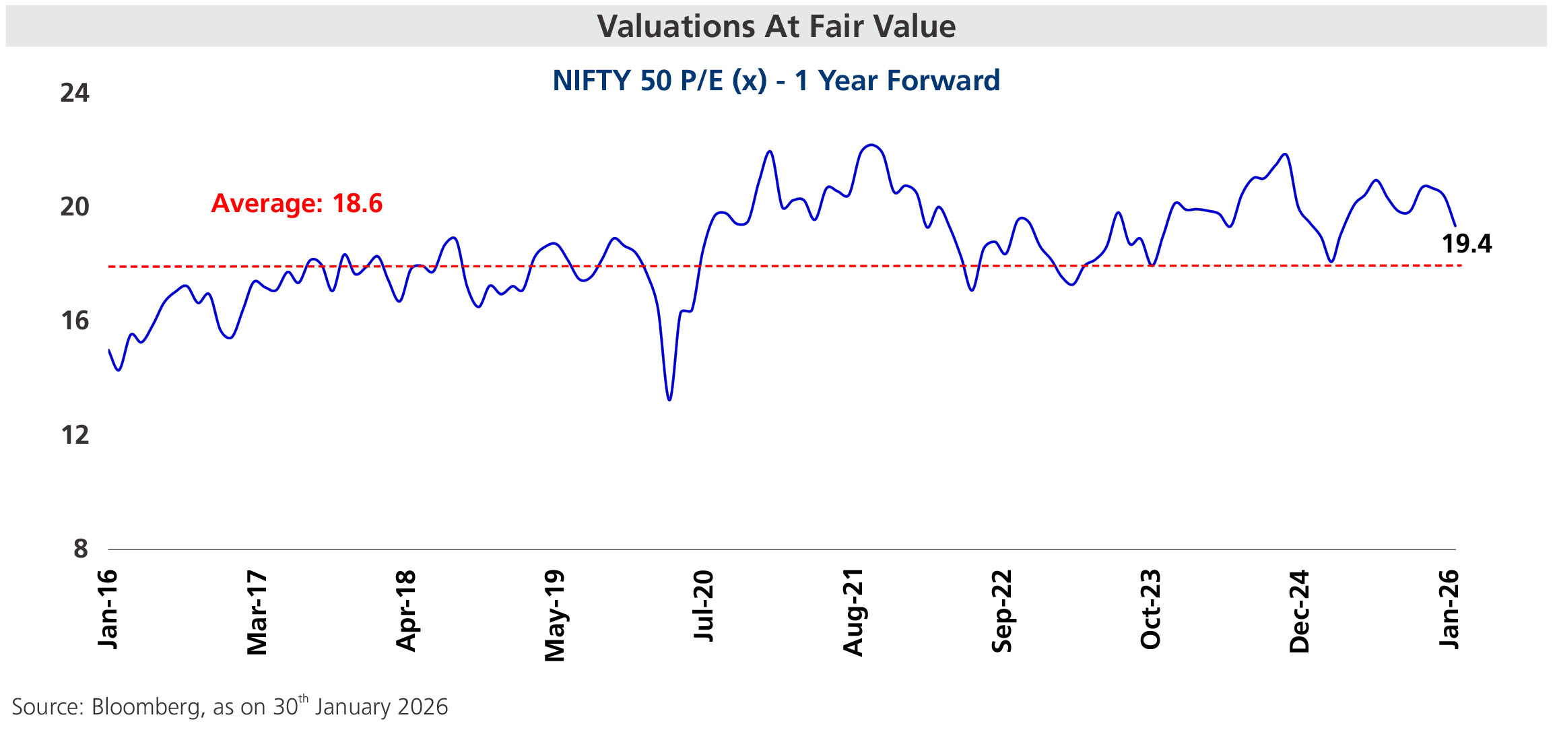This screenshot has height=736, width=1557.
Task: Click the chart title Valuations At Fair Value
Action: click(x=776, y=27)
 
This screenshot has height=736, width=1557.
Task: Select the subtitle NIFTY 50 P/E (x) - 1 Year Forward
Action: click(x=776, y=81)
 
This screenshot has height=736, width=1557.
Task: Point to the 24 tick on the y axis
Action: click(x=75, y=93)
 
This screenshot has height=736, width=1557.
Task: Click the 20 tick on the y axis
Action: click(x=75, y=207)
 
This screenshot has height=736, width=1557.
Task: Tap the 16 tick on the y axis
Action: click(x=75, y=321)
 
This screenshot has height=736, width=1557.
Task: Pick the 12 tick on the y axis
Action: click(x=75, y=435)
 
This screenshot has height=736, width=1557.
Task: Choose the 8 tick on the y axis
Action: click(x=81, y=549)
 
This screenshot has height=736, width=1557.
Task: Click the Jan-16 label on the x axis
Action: click(x=108, y=609)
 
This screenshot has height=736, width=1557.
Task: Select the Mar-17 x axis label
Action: click(x=257, y=613)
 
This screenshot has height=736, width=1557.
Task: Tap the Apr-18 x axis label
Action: click(x=406, y=611)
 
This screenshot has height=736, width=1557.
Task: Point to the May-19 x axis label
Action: click(x=555, y=615)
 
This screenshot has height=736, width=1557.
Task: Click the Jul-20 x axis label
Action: click(x=704, y=605)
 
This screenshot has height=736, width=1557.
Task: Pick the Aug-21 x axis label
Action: click(x=853, y=612)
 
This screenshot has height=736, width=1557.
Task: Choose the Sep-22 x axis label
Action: click(x=1002, y=611)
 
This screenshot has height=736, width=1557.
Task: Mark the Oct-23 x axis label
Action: click(x=1151, y=609)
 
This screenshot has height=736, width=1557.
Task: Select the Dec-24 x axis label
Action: click(x=1300, y=611)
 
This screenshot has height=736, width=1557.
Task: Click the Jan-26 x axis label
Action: click(x=1449, y=609)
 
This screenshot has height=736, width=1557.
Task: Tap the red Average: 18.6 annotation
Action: click(x=297, y=203)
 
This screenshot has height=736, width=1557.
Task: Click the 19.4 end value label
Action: click(x=1466, y=244)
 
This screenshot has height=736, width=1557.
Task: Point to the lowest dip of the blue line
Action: click(x=669, y=400)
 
